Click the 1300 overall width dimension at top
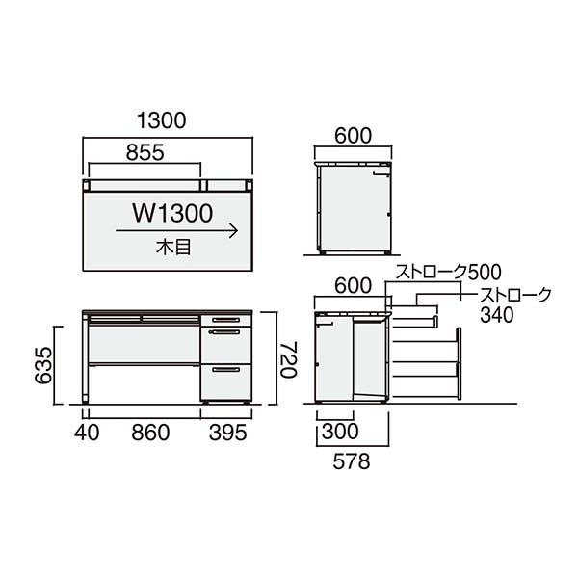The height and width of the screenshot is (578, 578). point(161,121)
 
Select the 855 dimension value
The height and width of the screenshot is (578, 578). point(144,152)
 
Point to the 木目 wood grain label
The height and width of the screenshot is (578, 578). point(172,247)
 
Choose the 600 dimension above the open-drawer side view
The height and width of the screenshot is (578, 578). point(353,285)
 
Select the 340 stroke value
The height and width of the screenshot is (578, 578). point(496,314)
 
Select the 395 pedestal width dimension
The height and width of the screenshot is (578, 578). point(227,432)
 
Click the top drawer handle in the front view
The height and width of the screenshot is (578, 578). point(225,319)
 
